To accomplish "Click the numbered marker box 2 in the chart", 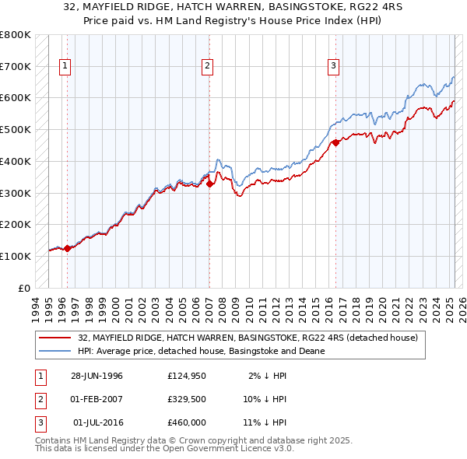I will tap(208, 67).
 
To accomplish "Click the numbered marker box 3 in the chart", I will tap(332, 67).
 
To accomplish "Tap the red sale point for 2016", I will tap(335, 142).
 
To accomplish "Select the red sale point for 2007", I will tap(209, 184).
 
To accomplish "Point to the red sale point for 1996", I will tap(67, 248).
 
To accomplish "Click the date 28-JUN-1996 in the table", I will tap(97, 376).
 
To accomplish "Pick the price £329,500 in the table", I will tap(186, 399).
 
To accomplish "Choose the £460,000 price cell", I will tap(186, 422).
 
